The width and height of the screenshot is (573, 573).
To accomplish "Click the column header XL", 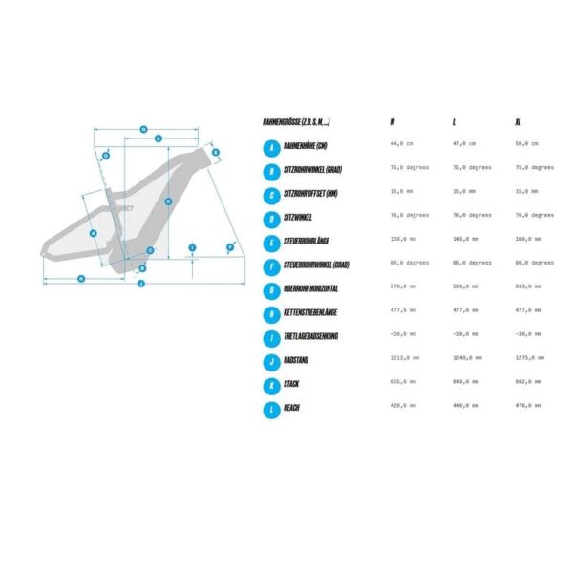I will [519, 123].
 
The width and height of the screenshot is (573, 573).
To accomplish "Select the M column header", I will [393, 123].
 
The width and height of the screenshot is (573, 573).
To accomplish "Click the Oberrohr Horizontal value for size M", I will [403, 286].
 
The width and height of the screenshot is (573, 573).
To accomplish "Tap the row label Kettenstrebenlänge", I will [311, 312].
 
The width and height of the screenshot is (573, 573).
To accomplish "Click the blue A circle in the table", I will [272, 148].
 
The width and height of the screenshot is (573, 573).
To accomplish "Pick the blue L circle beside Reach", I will [272, 410].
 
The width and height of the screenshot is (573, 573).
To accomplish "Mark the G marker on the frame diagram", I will [143, 129].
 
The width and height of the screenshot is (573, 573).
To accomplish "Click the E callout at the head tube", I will [216, 153].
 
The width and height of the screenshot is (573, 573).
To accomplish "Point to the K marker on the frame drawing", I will [167, 201].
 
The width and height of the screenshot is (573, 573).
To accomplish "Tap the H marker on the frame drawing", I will [81, 278].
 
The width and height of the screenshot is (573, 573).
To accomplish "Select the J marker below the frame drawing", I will [140, 284].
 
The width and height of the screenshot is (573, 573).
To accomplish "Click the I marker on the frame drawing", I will [192, 247].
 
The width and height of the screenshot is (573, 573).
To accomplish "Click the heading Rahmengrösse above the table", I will [297, 123].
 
